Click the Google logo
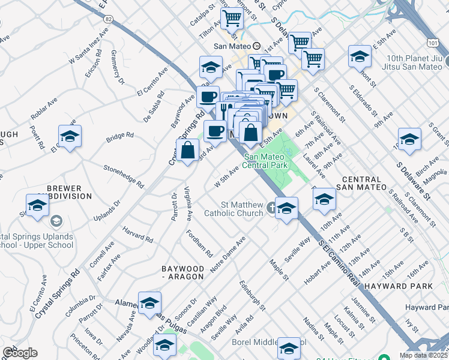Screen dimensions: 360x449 tap(20, 352)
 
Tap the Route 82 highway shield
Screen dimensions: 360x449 tap(108, 19)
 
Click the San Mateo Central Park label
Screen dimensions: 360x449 tap(266, 161)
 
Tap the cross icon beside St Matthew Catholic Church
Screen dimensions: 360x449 tap(271, 208)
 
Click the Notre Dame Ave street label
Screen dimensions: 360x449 tap(228, 255)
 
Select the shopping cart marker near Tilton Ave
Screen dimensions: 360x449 tap(231, 18)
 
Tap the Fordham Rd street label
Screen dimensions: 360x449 tap(199, 243)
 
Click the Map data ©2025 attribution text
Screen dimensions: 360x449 tap(424, 355)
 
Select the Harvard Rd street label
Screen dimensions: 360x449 tap(139, 235)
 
